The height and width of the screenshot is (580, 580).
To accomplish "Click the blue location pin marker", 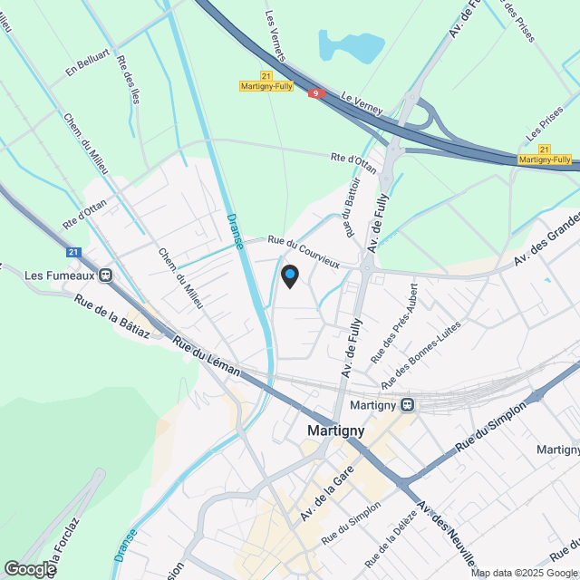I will click(x=290, y=275).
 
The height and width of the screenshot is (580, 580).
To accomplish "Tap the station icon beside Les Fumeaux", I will click(x=106, y=275).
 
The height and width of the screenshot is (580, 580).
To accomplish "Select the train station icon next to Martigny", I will click(x=409, y=404).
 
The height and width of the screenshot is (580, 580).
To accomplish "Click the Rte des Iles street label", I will click(x=129, y=79).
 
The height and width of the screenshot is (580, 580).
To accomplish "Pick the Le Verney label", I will click(x=362, y=101).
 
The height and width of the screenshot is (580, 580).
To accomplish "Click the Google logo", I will click(x=30, y=568).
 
